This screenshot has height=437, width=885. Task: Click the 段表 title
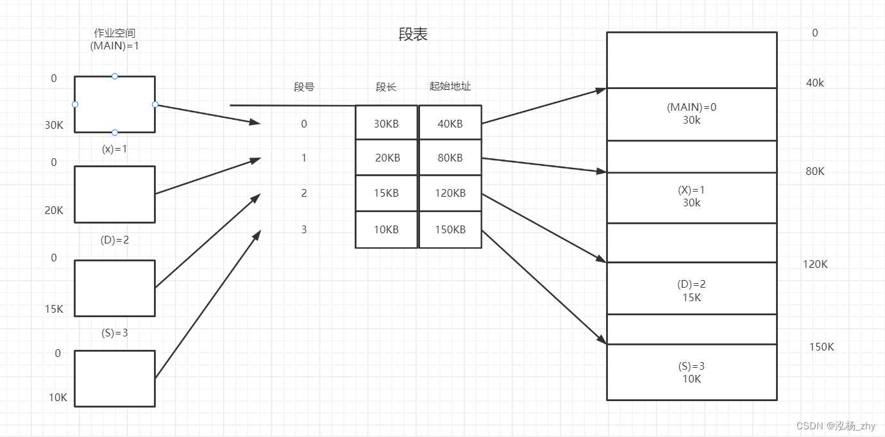pos(413,35)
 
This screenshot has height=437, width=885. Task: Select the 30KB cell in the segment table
pos(386,124)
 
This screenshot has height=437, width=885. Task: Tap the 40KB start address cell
pos(450,124)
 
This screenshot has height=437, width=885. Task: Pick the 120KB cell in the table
pos(450,193)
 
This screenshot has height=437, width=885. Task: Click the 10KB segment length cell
pos(386,229)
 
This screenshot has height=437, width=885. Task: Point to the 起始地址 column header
pos(450,87)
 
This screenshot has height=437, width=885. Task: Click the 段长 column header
pos(386,87)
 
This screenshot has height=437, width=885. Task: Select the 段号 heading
pos(304,87)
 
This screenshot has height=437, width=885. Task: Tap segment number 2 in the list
pos(304,193)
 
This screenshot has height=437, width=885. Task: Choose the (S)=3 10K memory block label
pos(691,372)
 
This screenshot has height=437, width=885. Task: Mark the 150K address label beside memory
pos(822,347)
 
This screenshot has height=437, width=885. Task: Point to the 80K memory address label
pos(815,171)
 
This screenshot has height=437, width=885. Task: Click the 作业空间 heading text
pos(115,33)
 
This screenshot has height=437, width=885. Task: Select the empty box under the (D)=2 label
pos(115,288)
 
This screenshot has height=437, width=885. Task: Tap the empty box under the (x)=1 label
pos(115,194)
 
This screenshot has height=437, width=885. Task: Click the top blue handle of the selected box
pos(115,76)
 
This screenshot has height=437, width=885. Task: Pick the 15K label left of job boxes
pos(54,309)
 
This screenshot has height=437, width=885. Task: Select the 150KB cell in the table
pos(450,229)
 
